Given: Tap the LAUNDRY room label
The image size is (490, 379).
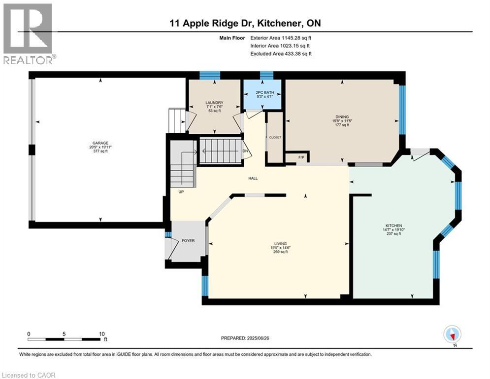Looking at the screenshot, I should point(214,103).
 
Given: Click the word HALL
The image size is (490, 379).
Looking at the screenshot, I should point(253,178).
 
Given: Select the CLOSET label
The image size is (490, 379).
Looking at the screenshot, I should point(274,137).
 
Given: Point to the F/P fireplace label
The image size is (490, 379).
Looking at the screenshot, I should point(301,157).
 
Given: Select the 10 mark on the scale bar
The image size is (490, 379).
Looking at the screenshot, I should point(101,334).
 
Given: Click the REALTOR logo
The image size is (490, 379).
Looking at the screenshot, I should point(29,34).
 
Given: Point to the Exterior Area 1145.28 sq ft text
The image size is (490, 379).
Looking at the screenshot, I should point(280,37).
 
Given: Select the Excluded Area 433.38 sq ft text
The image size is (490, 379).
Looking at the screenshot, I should point(281,54).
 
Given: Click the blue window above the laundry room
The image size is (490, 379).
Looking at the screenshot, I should point(209,75).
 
